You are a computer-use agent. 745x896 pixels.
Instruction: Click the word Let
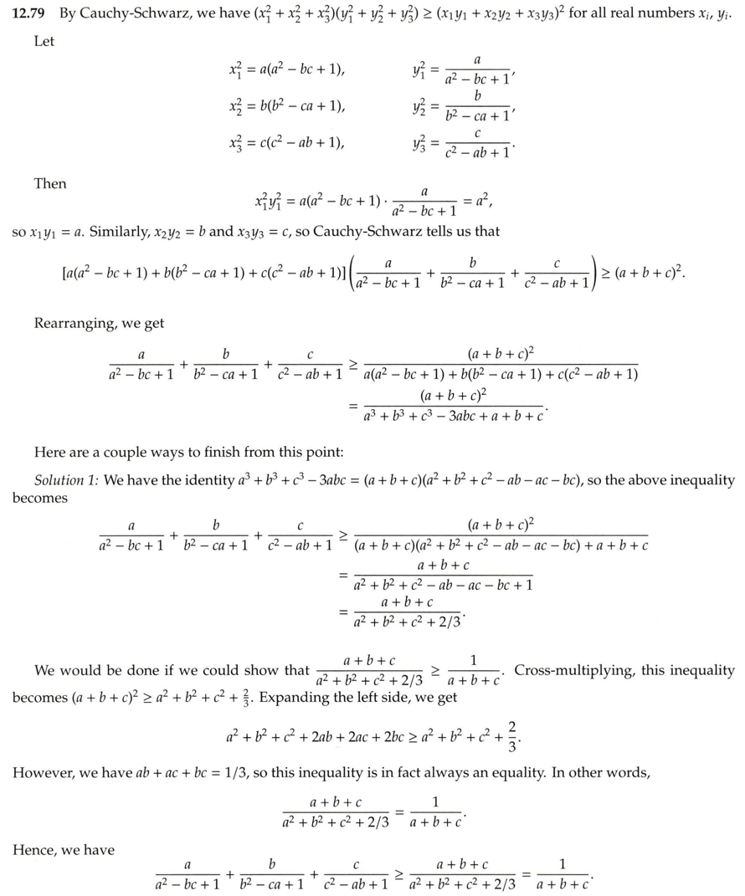(44, 41)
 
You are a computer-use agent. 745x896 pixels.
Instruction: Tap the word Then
(50, 184)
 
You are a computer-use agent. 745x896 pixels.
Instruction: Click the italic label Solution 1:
(67, 480)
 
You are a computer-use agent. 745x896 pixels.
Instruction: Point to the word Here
(49, 453)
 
